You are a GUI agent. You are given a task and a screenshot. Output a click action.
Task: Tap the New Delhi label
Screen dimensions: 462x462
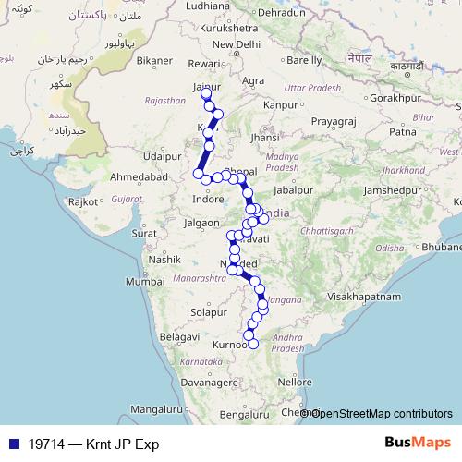coord(235,43)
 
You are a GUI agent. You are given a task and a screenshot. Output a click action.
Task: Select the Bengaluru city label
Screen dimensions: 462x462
coord(244,414)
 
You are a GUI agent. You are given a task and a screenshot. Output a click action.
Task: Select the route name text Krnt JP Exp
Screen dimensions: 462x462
coord(120,444)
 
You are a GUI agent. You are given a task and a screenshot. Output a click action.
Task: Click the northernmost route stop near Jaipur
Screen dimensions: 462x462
coord(206,94)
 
